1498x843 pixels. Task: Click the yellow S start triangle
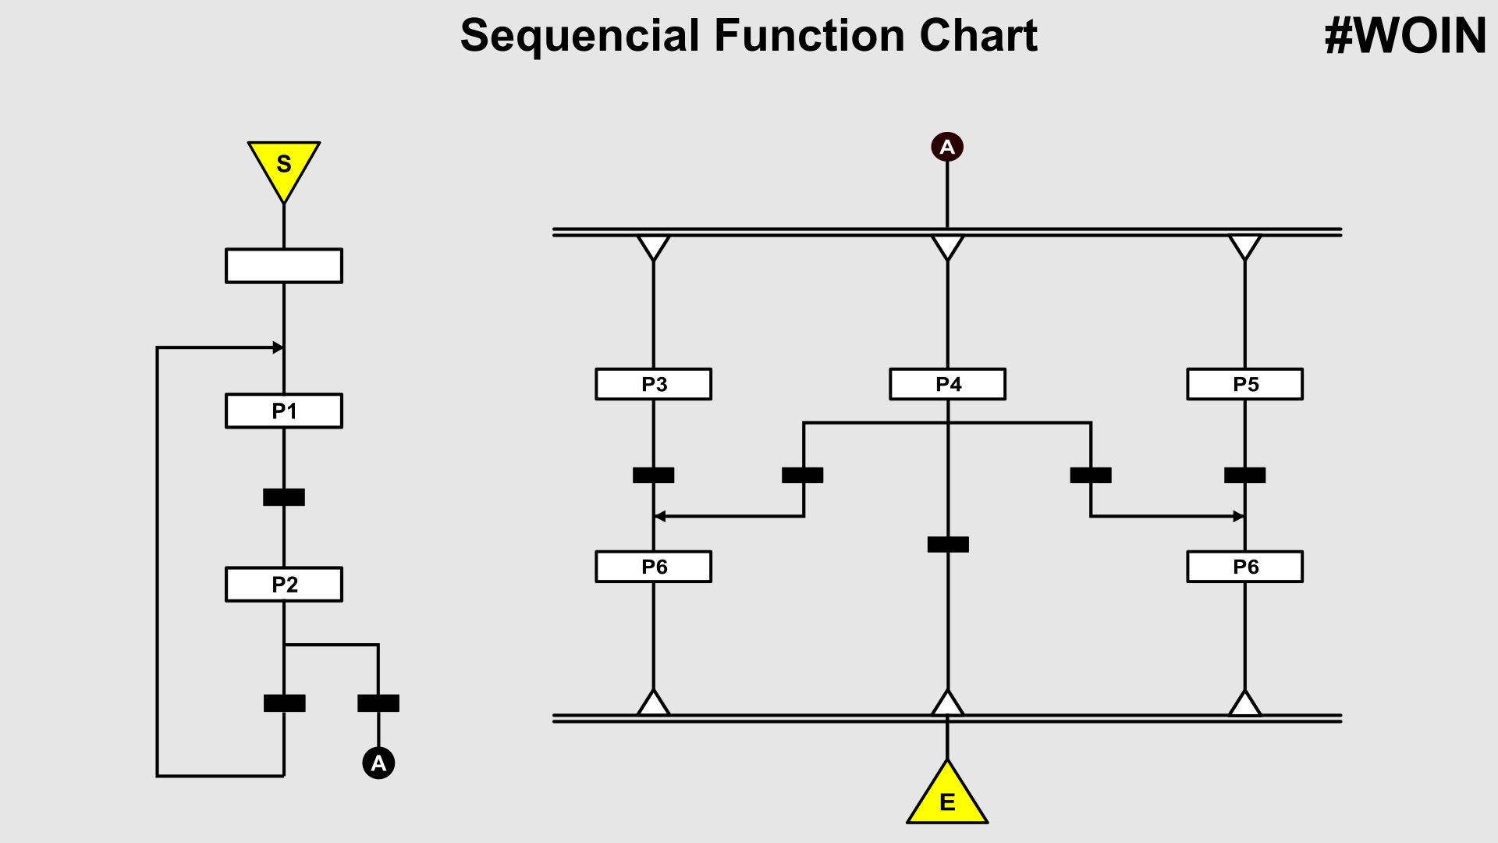[x=284, y=165]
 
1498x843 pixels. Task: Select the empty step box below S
[x=284, y=266]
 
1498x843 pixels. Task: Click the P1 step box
[x=284, y=411]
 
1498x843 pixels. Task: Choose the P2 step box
[x=284, y=585]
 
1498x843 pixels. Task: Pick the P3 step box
[x=654, y=384]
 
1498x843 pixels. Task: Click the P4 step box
[x=948, y=384]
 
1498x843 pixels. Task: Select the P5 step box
[x=1245, y=384]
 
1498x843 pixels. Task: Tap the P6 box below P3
[x=654, y=567]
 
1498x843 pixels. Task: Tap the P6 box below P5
[x=1245, y=567]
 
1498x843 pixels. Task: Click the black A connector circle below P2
[x=378, y=763]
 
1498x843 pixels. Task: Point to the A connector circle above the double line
[x=947, y=147]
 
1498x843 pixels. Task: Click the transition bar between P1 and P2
[x=284, y=497]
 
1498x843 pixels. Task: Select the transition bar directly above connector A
[x=378, y=703]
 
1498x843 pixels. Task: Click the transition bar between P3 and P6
[x=654, y=475]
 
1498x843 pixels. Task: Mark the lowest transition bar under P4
[x=948, y=544]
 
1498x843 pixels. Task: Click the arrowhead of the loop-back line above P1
[x=278, y=347]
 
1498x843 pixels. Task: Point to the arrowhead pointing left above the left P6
[x=659, y=516]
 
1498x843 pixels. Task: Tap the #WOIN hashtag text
[x=1405, y=37]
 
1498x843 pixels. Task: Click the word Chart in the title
[x=978, y=36]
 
